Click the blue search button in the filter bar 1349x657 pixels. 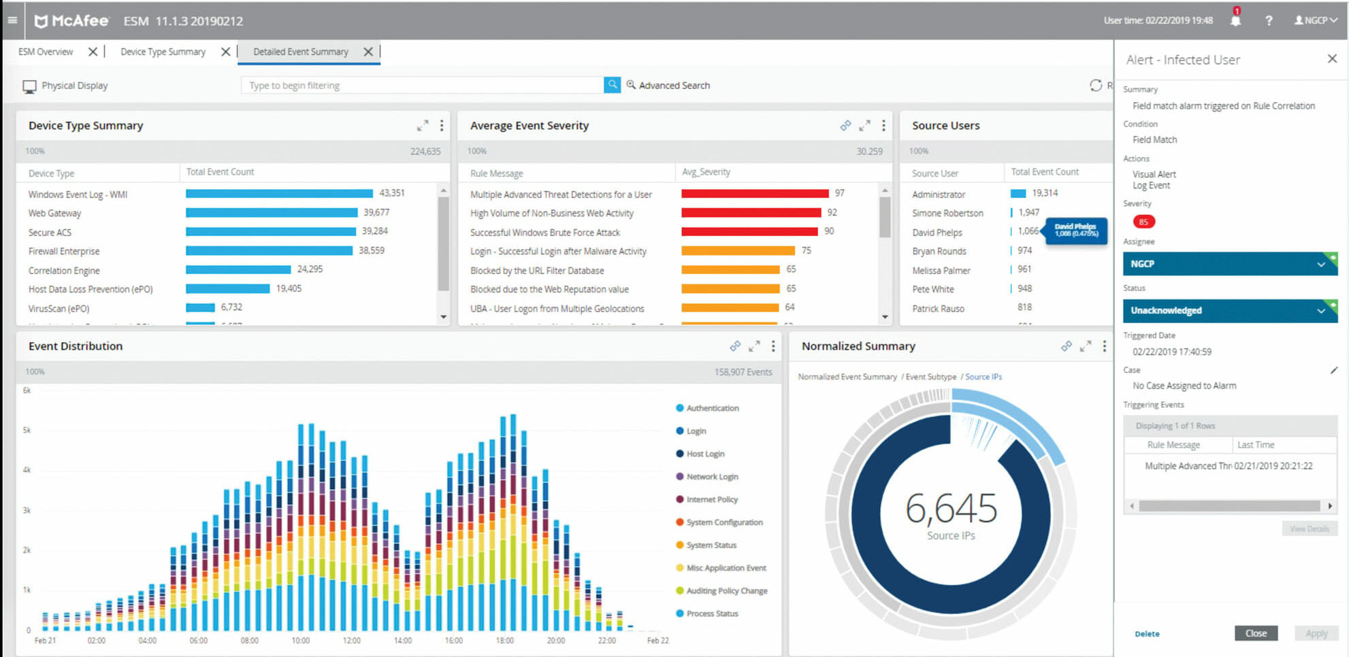612,85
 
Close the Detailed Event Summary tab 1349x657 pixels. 368,52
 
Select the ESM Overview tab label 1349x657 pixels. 46,52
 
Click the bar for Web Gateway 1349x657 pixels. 271,213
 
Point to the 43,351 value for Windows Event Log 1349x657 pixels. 392,193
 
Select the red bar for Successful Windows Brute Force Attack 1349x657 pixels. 749,232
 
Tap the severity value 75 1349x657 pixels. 806,250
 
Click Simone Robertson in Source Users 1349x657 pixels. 947,213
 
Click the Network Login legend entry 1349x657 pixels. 711,477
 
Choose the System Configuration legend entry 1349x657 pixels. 724,522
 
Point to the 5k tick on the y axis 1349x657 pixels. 27,430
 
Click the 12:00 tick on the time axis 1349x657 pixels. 351,641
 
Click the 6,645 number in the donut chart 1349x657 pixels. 951,509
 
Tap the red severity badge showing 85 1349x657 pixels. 1143,222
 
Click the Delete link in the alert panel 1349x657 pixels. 1147,634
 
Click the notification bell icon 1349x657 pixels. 1235,20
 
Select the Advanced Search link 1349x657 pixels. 673,85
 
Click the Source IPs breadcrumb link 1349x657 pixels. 983,377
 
